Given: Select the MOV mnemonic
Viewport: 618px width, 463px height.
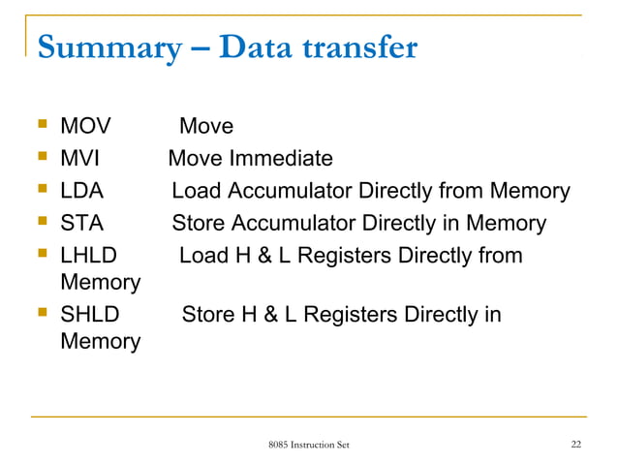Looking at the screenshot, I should pyautogui.click(x=85, y=126).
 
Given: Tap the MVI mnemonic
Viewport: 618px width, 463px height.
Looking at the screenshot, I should pyautogui.click(x=81, y=158).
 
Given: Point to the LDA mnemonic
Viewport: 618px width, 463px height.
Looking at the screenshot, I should pyautogui.click(x=82, y=191).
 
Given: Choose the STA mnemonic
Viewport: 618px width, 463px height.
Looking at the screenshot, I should pyautogui.click(x=81, y=224).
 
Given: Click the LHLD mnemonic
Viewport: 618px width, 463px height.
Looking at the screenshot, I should pyautogui.click(x=88, y=257).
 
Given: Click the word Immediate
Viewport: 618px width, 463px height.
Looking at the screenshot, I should pyautogui.click(x=282, y=158).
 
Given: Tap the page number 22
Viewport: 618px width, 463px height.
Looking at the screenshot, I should pyautogui.click(x=576, y=445).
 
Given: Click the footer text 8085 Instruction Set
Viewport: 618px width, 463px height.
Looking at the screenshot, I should pyautogui.click(x=309, y=445).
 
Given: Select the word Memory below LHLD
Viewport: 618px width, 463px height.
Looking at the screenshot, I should pyautogui.click(x=100, y=283).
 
